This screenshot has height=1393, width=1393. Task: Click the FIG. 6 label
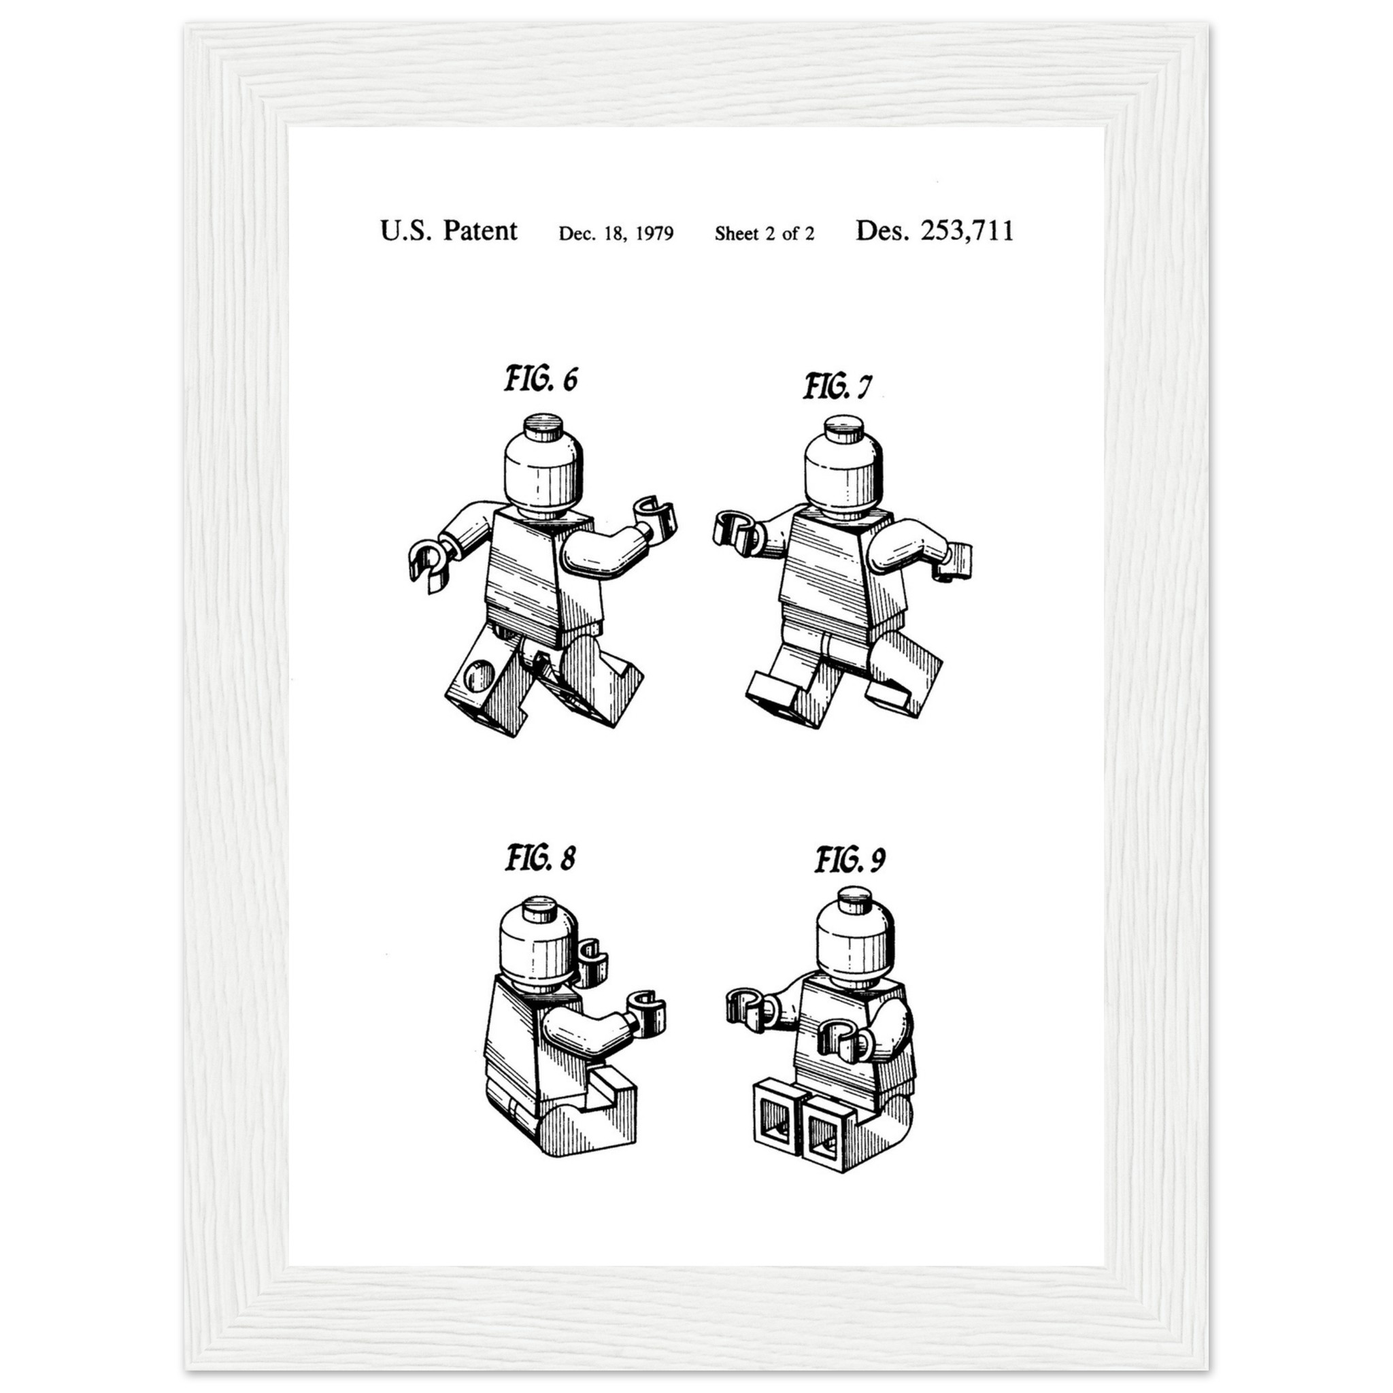(x=541, y=380)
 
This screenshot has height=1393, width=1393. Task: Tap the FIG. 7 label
(x=837, y=386)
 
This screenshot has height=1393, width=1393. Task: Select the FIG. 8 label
(x=540, y=858)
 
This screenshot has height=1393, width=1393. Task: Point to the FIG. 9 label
(x=850, y=860)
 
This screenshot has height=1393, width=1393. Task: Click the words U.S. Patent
(x=448, y=231)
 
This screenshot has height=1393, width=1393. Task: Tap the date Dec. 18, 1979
(x=616, y=233)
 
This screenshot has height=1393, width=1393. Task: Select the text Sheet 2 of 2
(x=765, y=233)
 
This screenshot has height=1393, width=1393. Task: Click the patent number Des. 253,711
(x=935, y=231)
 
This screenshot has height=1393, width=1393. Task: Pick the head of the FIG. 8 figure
(x=539, y=945)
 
